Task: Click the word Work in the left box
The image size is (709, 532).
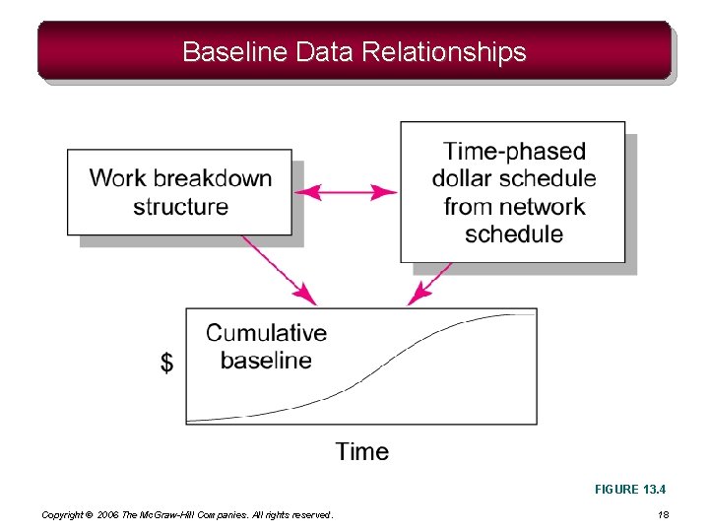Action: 118,178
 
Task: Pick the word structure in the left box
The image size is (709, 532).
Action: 180,207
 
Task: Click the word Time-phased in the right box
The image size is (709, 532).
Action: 514,151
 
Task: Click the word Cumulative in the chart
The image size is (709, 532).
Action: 266,333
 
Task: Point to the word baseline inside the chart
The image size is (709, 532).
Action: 266,361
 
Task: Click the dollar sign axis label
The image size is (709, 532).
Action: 166,364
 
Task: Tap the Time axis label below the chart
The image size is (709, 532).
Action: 361,451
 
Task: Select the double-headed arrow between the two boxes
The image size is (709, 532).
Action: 347,191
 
